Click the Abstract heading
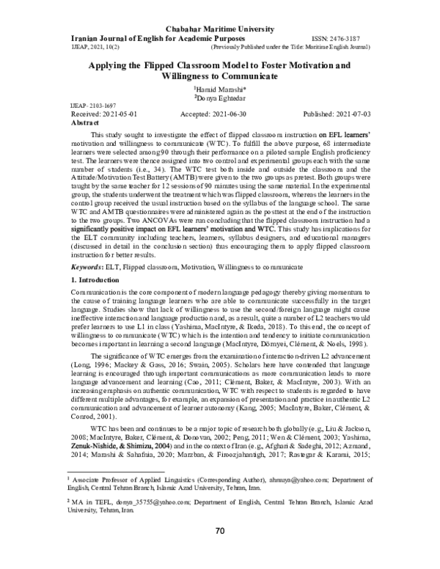(84, 125)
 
